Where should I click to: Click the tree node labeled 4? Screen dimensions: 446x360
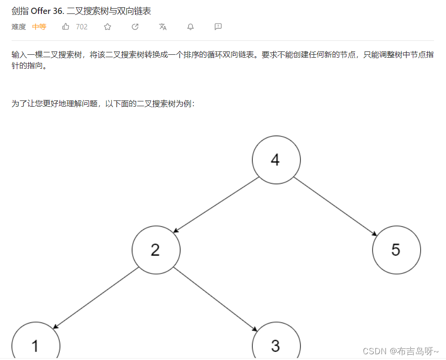tap(276, 160)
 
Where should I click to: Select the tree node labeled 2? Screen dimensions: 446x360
tap(156, 250)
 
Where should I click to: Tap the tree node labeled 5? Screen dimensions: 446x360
tap(396, 250)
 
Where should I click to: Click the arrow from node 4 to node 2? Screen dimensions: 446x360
tap(216, 205)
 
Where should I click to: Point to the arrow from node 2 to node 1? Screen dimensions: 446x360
tap(96, 298)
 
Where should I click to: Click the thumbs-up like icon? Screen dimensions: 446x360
tap(66, 27)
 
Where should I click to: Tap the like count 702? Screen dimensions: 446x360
tap(82, 27)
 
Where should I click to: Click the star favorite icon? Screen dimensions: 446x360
tap(107, 27)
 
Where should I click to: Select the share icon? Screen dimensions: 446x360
tap(135, 27)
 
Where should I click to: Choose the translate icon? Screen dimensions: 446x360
tap(163, 27)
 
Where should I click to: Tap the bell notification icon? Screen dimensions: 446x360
tap(191, 27)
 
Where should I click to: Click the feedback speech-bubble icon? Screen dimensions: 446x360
tap(218, 27)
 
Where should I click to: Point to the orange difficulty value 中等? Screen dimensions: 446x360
tap(39, 27)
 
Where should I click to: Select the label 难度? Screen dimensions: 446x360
tap(19, 27)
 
